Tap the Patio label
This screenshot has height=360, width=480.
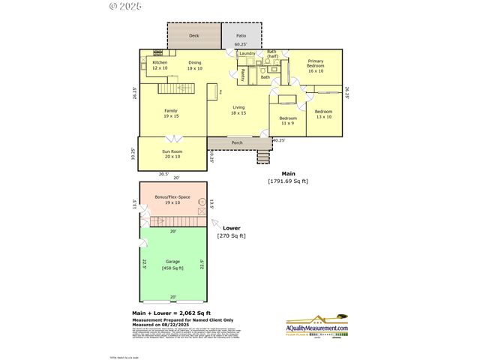pyautogui.click(x=241, y=35)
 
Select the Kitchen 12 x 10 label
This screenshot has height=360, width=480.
pyautogui.click(x=160, y=65)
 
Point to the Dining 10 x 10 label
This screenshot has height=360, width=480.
pyautogui.click(x=195, y=65)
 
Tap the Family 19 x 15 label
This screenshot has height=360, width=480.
pyautogui.click(x=171, y=113)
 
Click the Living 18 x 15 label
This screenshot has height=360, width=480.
pyautogui.click(x=238, y=109)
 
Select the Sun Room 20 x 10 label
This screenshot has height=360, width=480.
pyautogui.click(x=172, y=154)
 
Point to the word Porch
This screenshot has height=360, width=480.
pyautogui.click(x=237, y=142)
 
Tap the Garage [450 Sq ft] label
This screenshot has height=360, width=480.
pyautogui.click(x=172, y=265)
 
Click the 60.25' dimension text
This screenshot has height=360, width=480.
pyautogui.click(x=241, y=45)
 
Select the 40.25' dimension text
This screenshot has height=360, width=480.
pyautogui.click(x=278, y=140)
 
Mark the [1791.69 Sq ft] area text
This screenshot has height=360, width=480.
pyautogui.click(x=288, y=181)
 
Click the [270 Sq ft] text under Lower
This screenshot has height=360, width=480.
pyautogui.click(x=231, y=236)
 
